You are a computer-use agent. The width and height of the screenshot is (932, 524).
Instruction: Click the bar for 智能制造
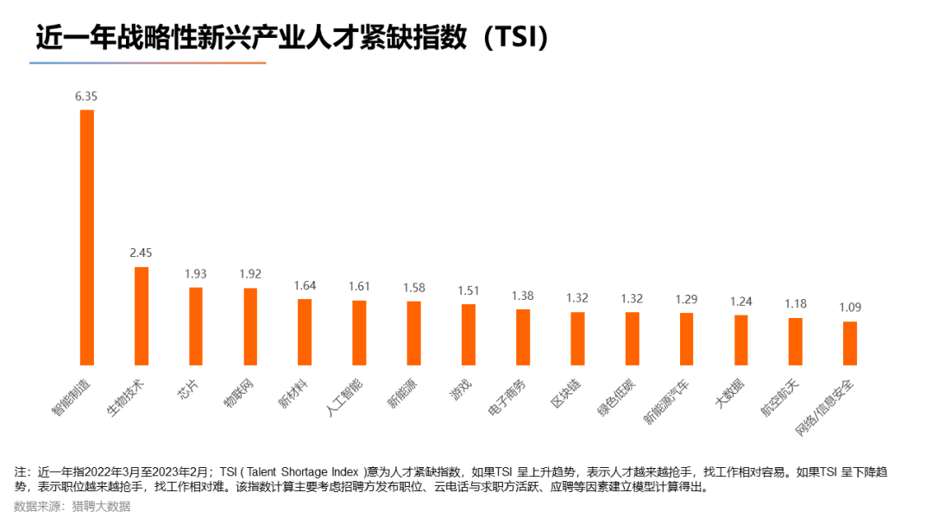(86, 237)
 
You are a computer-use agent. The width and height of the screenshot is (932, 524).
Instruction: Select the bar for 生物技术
(142, 315)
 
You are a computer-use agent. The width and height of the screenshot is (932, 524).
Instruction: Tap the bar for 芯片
(196, 326)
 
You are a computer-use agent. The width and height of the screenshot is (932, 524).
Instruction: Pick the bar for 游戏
(469, 334)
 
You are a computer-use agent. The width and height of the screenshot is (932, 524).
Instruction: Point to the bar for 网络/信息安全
(850, 343)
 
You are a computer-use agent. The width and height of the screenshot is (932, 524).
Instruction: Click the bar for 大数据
(741, 340)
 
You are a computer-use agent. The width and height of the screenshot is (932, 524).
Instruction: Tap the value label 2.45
(141, 253)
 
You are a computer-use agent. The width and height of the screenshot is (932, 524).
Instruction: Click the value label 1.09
(850, 307)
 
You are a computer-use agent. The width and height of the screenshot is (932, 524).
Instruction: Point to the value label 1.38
(523, 296)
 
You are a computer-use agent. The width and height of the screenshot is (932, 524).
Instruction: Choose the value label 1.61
(359, 286)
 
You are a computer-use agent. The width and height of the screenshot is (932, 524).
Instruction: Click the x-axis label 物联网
(244, 394)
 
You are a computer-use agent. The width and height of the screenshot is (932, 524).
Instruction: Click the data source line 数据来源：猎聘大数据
(72, 507)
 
